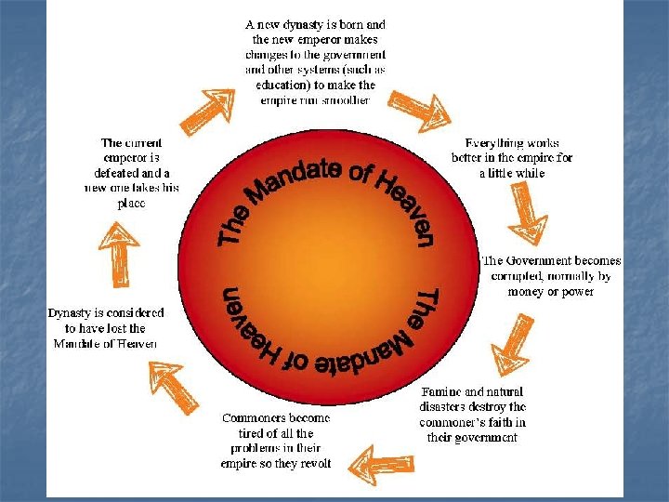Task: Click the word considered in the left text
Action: click(x=133, y=313)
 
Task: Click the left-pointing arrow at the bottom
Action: click(x=379, y=460)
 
